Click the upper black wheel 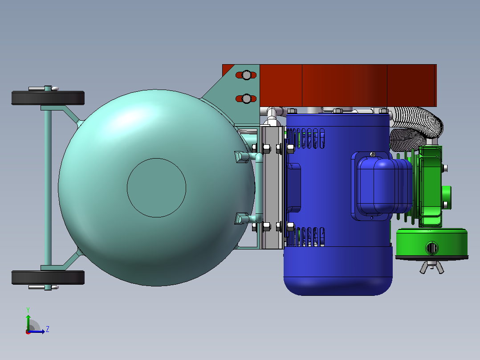pos(48,98)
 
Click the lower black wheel pos(48,277)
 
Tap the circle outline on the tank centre pos(156,159)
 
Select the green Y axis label pos(28,310)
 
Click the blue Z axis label pos(48,329)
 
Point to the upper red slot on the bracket pos(246,75)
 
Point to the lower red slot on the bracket pos(246,98)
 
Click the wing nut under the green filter pos(431,267)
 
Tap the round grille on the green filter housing pos(431,248)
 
